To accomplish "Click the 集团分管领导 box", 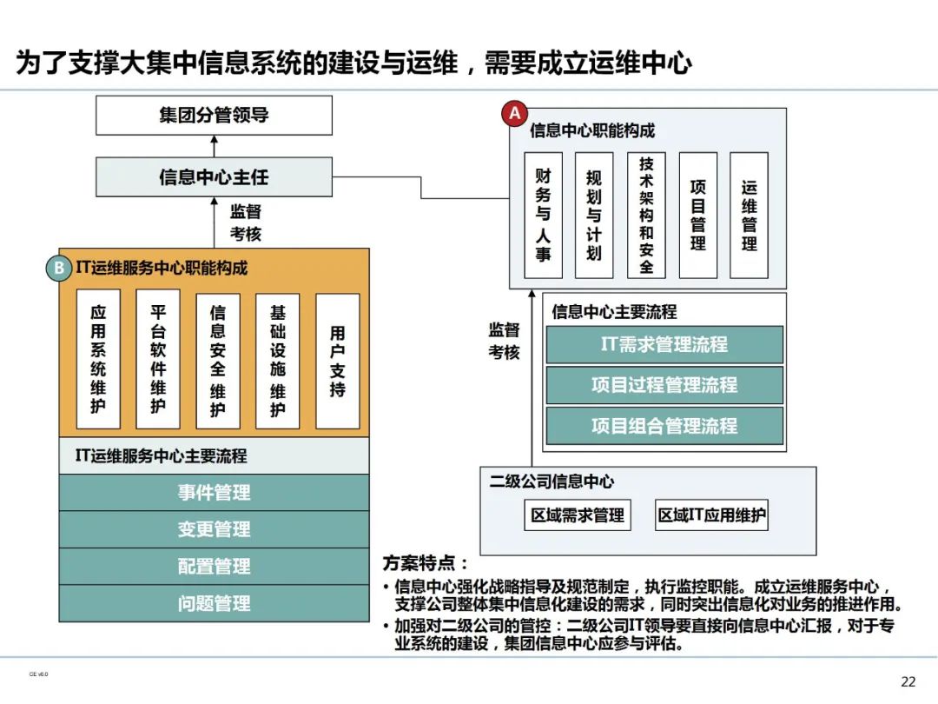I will (214, 116).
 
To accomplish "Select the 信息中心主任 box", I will (214, 176).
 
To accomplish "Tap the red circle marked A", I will (515, 114).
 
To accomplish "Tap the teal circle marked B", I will (58, 268).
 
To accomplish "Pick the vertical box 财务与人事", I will (543, 216).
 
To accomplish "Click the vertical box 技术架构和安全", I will (646, 216).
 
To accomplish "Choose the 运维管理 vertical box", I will (749, 216).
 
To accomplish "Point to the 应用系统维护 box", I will (98, 359).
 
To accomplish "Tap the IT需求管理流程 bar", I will (664, 344).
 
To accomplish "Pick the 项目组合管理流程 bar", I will (664, 426).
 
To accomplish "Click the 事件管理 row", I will (214, 493).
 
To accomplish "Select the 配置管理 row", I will (214, 567).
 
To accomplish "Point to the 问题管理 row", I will (214, 603).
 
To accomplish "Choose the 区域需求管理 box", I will (578, 515).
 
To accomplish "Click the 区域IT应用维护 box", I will (712, 515).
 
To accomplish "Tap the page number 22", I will (908, 681).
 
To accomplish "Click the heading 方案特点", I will (426, 563).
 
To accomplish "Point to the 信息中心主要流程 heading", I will (614, 311).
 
